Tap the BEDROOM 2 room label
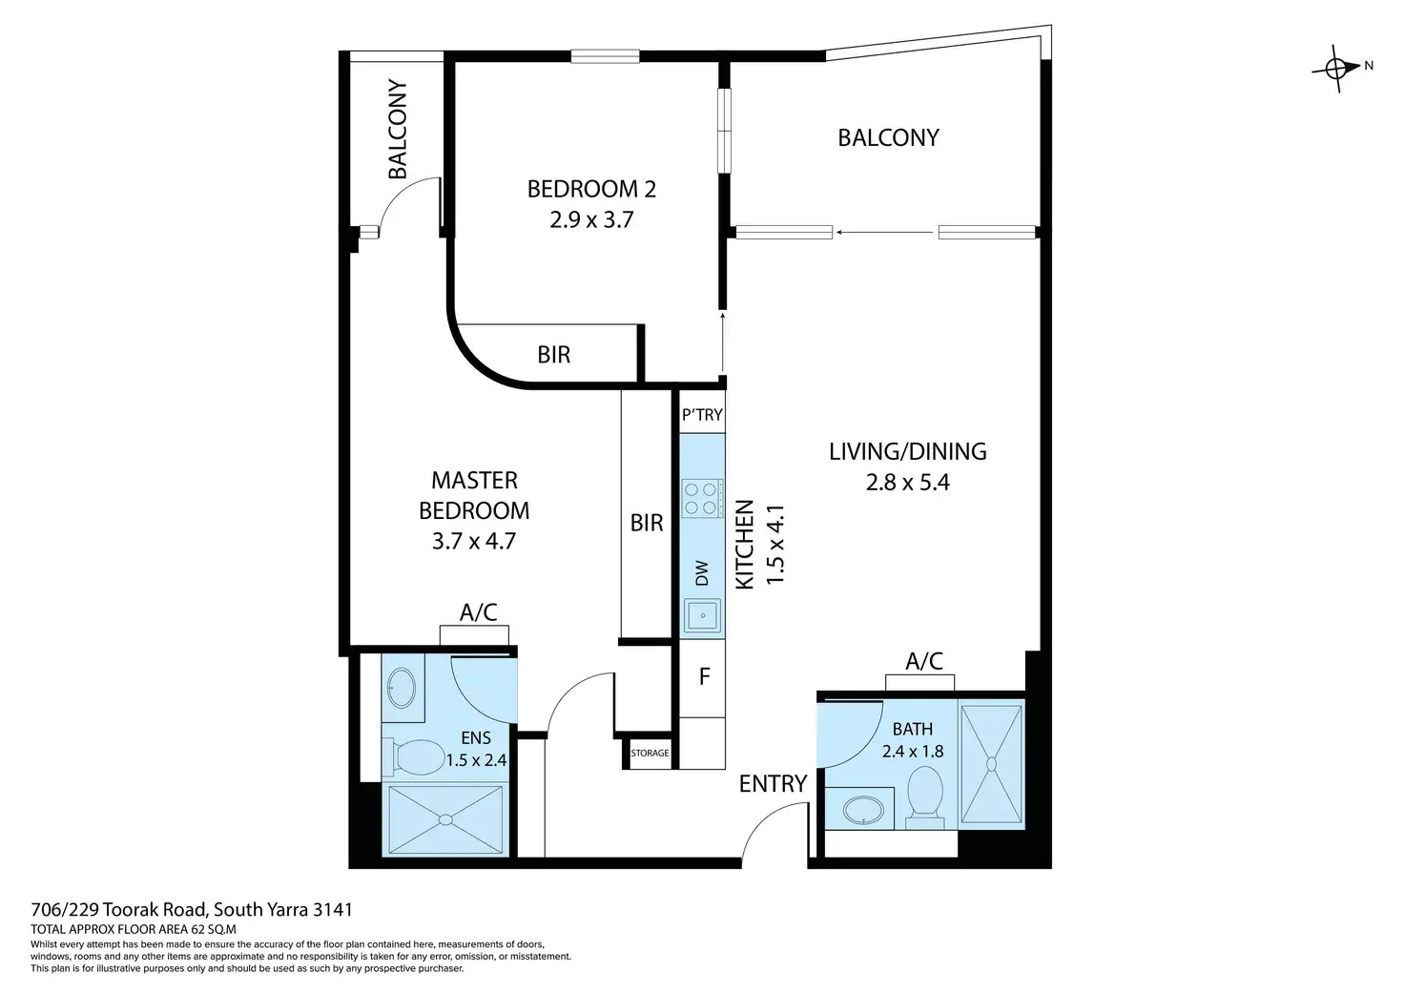coord(591,189)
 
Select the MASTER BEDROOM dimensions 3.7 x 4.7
coord(474,541)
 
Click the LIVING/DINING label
coord(908,451)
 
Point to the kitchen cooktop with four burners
coord(702,498)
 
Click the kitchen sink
coord(703,615)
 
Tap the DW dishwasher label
coord(702,573)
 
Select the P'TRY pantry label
coord(702,414)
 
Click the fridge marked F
coord(703,677)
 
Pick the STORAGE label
coord(650,753)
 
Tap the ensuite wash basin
coord(402,687)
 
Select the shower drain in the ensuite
coord(445,819)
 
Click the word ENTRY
coord(773,783)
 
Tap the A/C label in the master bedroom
coord(478,611)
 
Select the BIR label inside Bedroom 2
coord(554,355)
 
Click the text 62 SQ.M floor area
coord(214,930)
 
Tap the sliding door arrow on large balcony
coord(884,232)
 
